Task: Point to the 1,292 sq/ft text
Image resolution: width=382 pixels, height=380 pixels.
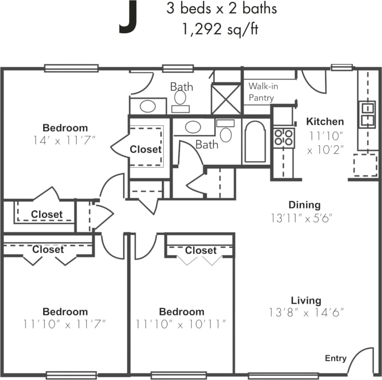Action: click(x=221, y=30)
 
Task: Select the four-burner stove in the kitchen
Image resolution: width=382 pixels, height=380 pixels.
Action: click(x=283, y=137)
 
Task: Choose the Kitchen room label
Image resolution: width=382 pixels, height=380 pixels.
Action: click(x=325, y=121)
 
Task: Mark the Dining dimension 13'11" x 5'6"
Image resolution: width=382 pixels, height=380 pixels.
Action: click(x=302, y=218)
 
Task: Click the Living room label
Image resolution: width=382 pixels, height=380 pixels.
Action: click(x=306, y=300)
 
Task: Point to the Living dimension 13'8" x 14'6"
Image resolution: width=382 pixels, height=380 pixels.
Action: click(x=306, y=313)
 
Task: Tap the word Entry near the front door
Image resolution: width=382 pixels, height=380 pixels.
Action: click(x=336, y=358)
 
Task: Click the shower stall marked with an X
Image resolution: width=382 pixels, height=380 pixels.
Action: click(x=226, y=99)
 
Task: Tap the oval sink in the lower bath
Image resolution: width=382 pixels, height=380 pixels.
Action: click(x=194, y=126)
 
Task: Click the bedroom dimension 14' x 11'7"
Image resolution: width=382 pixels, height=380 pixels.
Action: click(x=65, y=140)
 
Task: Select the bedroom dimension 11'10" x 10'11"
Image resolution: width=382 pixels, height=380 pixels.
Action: click(x=181, y=325)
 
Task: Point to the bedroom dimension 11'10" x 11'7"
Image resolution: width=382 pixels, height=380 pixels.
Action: click(x=65, y=325)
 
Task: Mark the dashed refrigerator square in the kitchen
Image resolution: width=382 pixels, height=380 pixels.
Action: click(x=365, y=165)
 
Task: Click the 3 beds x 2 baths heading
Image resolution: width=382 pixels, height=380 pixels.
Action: click(x=221, y=9)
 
